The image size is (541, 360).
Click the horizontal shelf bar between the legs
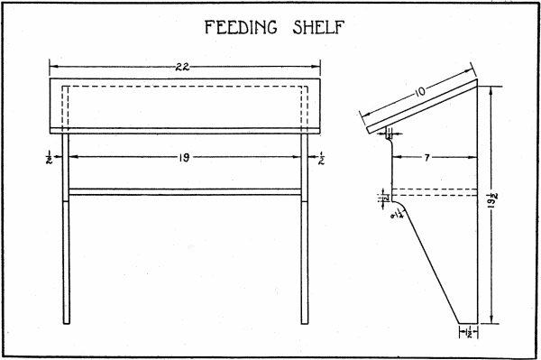(184, 191)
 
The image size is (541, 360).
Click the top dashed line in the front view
(184, 87)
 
